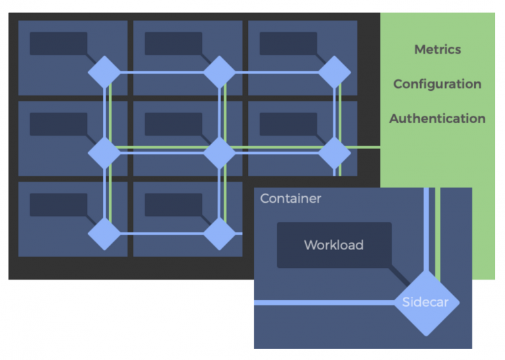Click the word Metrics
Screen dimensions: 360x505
click(x=437, y=49)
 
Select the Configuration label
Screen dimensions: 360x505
click(x=437, y=84)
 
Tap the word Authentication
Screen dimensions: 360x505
click(x=437, y=119)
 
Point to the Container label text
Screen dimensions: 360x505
click(x=291, y=198)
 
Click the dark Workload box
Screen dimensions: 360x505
click(x=333, y=245)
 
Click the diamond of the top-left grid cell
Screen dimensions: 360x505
click(x=105, y=72)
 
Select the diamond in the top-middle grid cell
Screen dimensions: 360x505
click(x=219, y=72)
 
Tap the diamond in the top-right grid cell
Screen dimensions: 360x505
click(x=334, y=72)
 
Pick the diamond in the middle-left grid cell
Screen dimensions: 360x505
click(x=105, y=153)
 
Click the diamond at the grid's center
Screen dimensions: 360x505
click(x=219, y=153)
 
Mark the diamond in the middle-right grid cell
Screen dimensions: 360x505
click(x=334, y=153)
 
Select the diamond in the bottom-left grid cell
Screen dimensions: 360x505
click(x=105, y=233)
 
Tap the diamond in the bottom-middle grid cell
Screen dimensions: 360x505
click(x=219, y=233)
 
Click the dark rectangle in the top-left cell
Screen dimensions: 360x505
click(x=58, y=43)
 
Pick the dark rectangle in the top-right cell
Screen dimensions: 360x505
click(x=288, y=43)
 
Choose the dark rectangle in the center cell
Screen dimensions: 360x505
click(x=173, y=124)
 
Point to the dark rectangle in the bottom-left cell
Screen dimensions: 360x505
click(x=58, y=204)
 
